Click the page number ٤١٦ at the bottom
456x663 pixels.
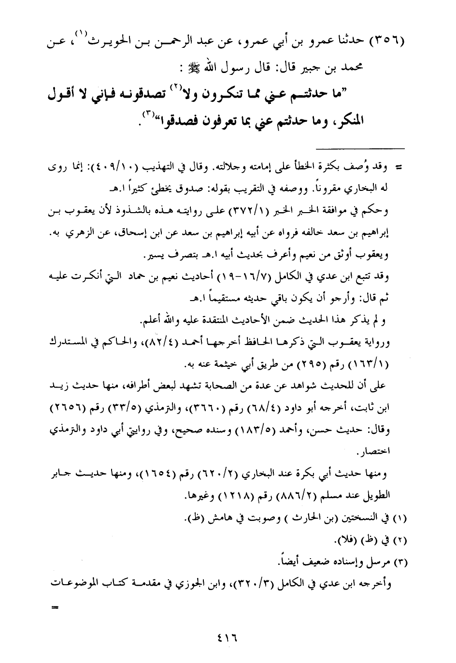point(228,638)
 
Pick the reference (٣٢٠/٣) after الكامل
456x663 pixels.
point(250,584)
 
